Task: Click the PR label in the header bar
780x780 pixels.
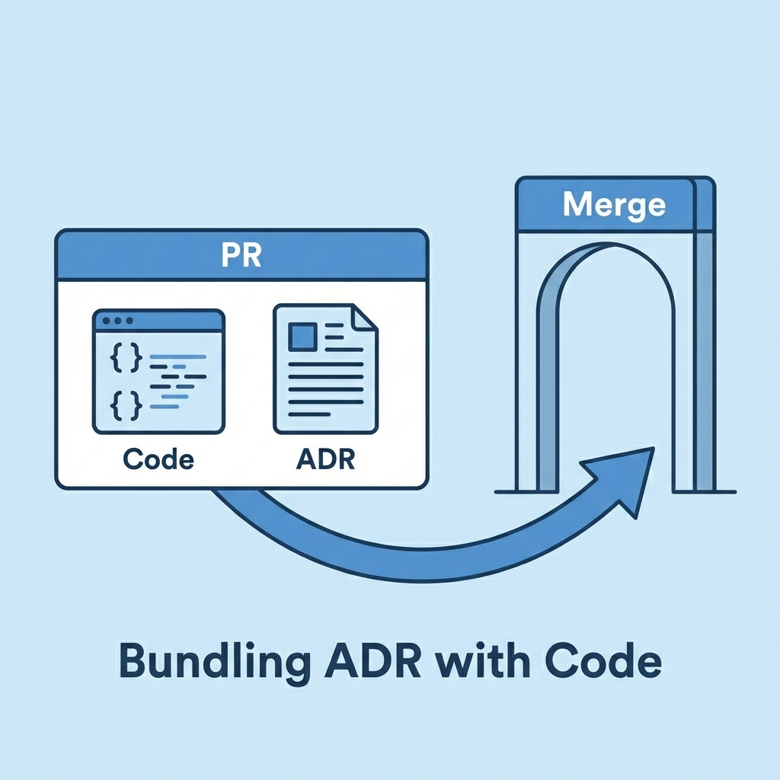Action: point(241,255)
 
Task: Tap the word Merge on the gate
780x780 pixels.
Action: point(613,205)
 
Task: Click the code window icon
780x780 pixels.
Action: point(158,371)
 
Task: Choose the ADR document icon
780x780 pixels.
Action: point(325,369)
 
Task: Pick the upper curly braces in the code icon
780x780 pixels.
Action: point(126,358)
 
